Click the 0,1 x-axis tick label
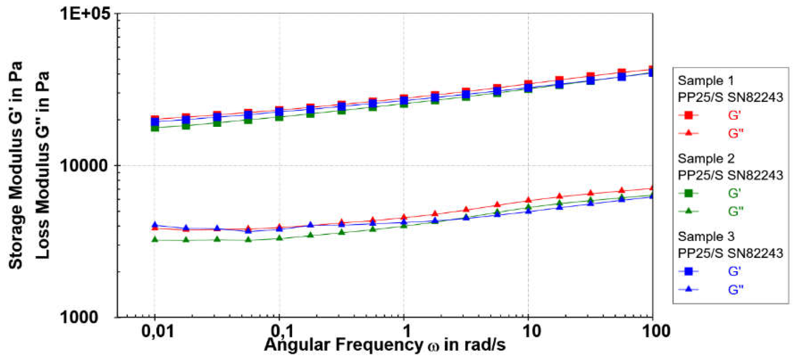tap(282, 331)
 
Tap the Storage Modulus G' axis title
tap(15, 165)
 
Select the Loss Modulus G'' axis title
tap(43, 165)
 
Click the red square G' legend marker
tap(688, 116)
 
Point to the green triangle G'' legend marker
tap(688, 211)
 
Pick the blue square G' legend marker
tap(688, 271)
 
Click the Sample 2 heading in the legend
tap(706, 159)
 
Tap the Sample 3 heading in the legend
tap(706, 237)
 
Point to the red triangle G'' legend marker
tap(688, 133)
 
